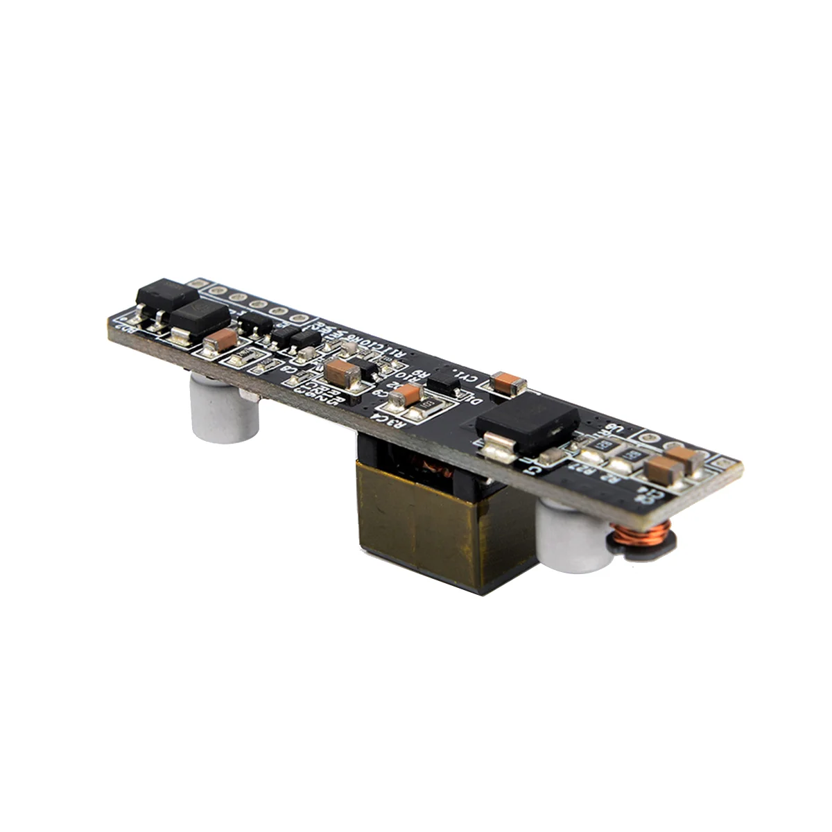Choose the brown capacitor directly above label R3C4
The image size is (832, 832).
[406, 397]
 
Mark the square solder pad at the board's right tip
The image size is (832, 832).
[725, 461]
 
